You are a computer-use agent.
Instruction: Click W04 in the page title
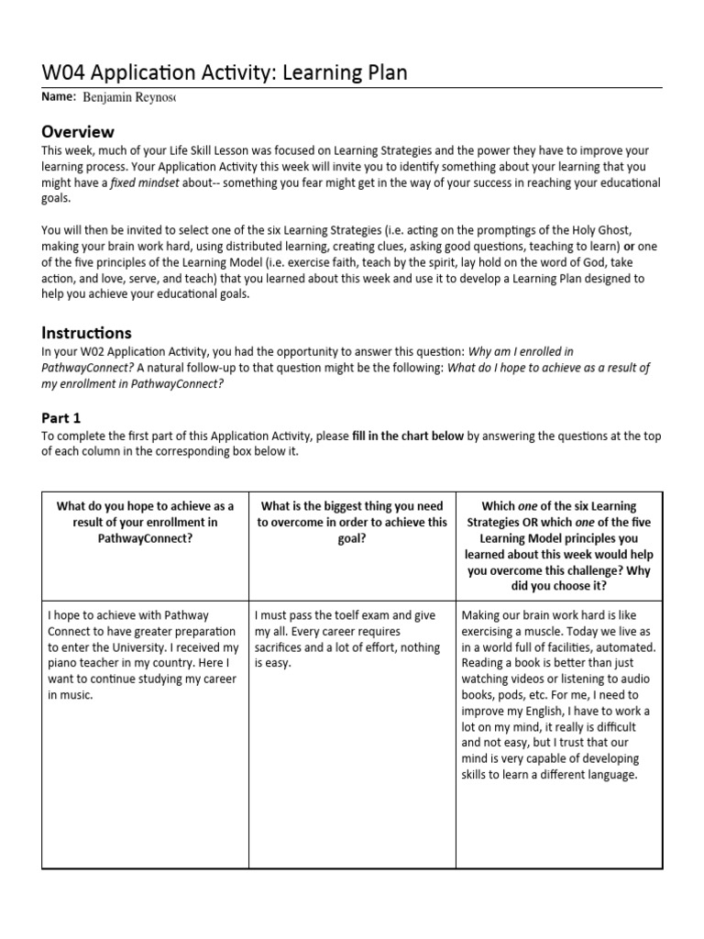(x=67, y=72)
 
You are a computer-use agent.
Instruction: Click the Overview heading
(x=78, y=131)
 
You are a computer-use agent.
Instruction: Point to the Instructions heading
(x=86, y=332)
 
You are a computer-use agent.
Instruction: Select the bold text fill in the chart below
(x=408, y=436)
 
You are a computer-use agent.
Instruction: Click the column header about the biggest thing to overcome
(x=352, y=523)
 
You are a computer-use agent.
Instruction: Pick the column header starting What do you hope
(x=145, y=523)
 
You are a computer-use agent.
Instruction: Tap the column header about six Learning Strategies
(x=558, y=547)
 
